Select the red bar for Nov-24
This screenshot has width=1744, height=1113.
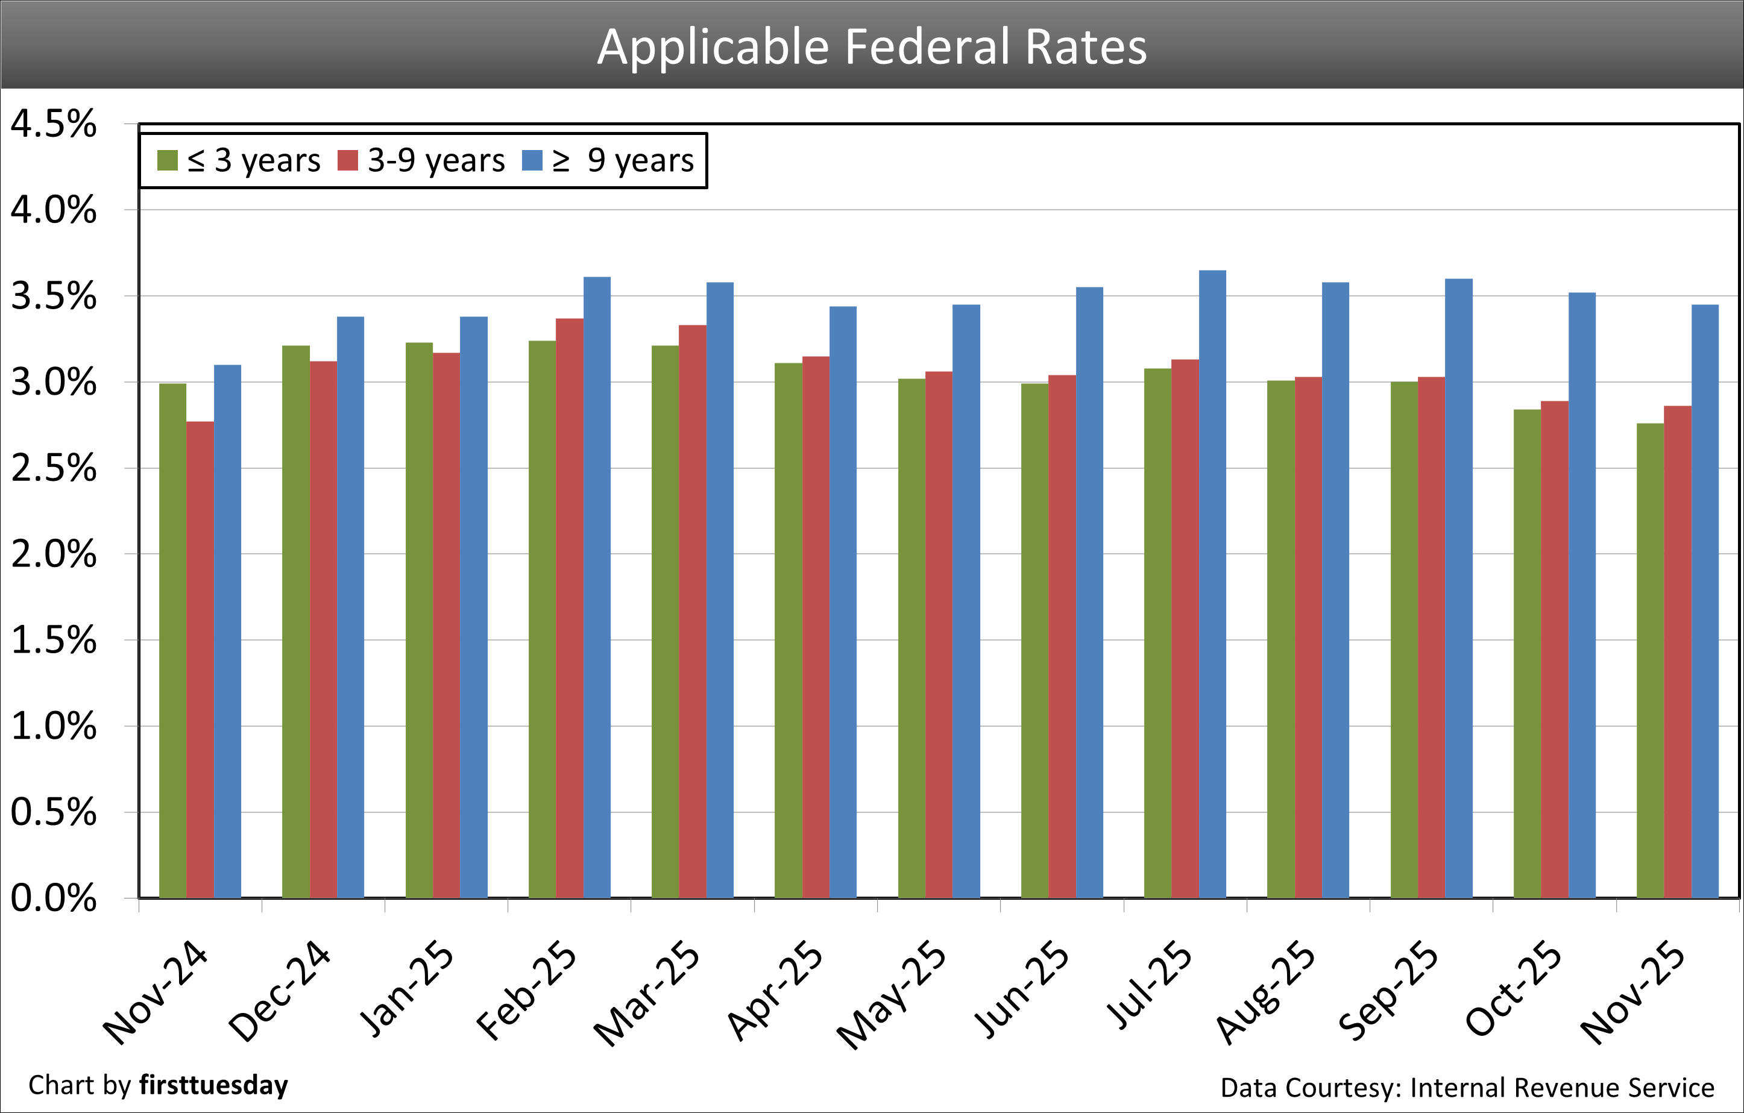[x=200, y=659]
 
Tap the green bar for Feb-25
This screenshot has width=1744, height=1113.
[x=542, y=619]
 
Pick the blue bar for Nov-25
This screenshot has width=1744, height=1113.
[x=1705, y=601]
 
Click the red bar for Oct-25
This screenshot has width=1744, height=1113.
[x=1554, y=649]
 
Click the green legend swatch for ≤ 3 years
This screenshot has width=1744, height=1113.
[x=168, y=161]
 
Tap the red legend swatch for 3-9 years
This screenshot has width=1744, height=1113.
[x=348, y=161]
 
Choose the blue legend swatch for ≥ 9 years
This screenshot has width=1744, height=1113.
[x=532, y=161]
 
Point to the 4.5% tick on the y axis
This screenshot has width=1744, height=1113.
[x=54, y=125]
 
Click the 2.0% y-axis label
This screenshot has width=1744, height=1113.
[x=54, y=554]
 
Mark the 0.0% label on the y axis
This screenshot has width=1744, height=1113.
[x=54, y=898]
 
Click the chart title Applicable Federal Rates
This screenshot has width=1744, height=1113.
[x=872, y=47]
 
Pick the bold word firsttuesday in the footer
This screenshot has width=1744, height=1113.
[x=213, y=1085]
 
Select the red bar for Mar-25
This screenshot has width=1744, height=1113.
[x=693, y=611]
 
